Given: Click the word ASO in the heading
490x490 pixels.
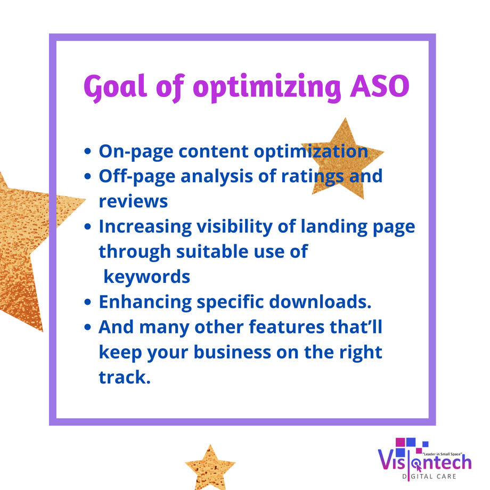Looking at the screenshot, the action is [x=380, y=86].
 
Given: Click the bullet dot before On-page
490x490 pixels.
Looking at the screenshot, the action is [x=88, y=152].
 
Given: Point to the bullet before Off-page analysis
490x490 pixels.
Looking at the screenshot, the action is [x=88, y=177].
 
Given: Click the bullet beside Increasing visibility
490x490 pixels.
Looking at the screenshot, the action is [x=88, y=226].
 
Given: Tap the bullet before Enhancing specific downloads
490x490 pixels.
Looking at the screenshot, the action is [x=88, y=302].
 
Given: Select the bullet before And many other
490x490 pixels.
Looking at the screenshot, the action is [x=88, y=327].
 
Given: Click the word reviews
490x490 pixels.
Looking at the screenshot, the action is [x=134, y=202].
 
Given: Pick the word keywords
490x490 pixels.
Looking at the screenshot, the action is [x=147, y=277].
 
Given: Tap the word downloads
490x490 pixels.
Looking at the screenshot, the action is [x=320, y=301].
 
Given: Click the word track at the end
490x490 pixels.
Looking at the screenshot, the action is [x=125, y=377].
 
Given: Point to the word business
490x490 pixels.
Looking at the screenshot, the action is [x=233, y=352].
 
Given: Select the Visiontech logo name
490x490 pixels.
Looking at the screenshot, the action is [x=424, y=463].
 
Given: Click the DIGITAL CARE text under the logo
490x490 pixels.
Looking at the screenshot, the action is [x=429, y=477].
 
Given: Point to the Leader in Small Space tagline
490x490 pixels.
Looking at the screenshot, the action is [x=442, y=454].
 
